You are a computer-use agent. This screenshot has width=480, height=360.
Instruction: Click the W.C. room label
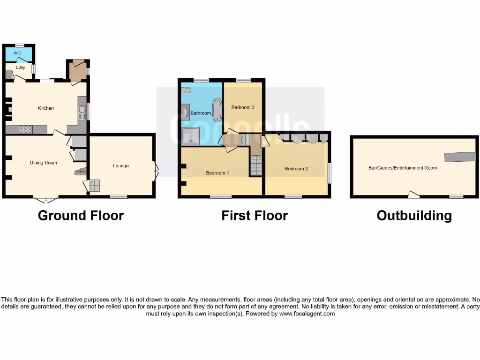[x=18, y=53]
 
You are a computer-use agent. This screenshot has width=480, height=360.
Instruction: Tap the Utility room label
[x=20, y=68]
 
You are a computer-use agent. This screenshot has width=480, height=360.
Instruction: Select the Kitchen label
[x=46, y=108]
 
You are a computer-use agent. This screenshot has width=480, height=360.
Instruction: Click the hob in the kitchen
[x=25, y=130]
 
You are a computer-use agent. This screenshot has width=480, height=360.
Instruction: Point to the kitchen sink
[x=82, y=112]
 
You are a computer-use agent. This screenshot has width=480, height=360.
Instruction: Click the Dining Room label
[x=44, y=163]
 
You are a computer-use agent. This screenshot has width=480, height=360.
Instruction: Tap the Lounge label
[x=121, y=166]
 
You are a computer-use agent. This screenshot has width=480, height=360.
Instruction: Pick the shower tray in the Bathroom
[x=191, y=136]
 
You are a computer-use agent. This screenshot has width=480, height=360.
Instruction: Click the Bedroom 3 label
[x=243, y=107]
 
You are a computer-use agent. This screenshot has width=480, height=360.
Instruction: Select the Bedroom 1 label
[x=217, y=173]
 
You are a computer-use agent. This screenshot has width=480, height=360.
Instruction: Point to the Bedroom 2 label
[x=296, y=169]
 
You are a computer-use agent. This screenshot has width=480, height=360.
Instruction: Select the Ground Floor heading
[x=81, y=216]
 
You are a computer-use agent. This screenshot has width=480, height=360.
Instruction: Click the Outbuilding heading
[x=414, y=216]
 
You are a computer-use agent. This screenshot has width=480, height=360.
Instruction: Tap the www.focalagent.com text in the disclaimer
[x=307, y=314]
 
